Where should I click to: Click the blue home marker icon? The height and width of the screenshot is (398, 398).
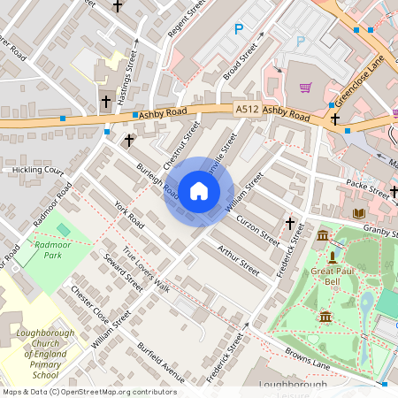tap(199, 191)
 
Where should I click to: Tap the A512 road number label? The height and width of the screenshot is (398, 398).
tap(247, 109)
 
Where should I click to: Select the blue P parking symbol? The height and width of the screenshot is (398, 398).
tap(238, 29)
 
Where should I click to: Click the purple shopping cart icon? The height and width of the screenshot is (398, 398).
tap(305, 88)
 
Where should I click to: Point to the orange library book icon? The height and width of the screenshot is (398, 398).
tap(358, 213)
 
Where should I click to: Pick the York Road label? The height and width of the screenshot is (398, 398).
tap(128, 214)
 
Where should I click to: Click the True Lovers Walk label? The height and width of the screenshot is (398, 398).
tap(145, 269)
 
